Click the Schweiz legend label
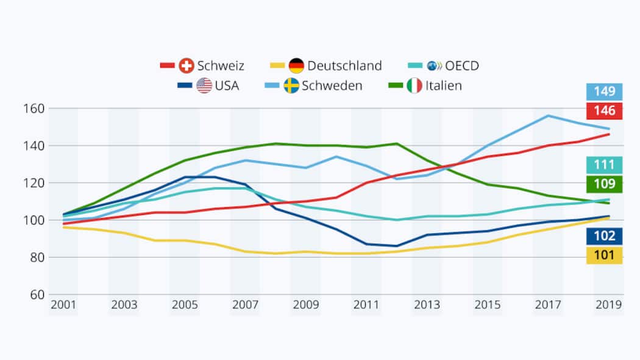coord(221,66)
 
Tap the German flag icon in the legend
coord(297,66)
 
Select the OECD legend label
coord(462,66)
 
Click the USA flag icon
coord(204,86)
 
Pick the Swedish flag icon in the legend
coord(291,86)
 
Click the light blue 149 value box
coord(605,92)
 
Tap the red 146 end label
coord(605,111)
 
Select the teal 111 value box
coord(605,164)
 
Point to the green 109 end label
coord(605,183)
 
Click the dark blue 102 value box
coord(605,236)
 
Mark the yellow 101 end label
coord(605,255)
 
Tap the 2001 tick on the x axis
coord(63,305)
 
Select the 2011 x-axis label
coord(366,305)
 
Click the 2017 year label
coord(548,305)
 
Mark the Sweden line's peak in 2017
coord(548,115)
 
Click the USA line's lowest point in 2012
coord(397,246)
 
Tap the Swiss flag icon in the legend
coord(187,66)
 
